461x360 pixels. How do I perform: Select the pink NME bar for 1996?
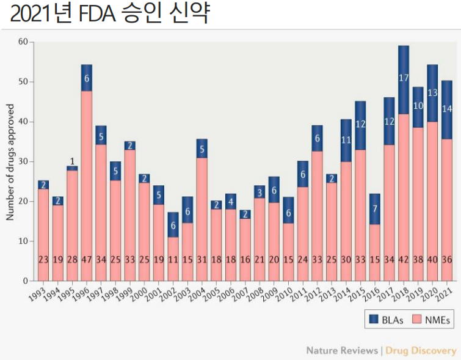(x=87, y=183)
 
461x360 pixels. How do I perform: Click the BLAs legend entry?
(x=384, y=318)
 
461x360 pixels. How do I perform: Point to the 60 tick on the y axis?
(x=23, y=42)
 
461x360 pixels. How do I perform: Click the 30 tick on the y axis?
(x=23, y=161)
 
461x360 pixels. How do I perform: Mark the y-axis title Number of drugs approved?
(x=10, y=161)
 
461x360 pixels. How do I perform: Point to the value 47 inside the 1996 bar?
(x=87, y=259)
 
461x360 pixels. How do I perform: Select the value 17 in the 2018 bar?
(x=403, y=78)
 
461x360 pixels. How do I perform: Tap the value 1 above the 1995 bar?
(x=72, y=161)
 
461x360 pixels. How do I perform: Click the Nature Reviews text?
(x=342, y=350)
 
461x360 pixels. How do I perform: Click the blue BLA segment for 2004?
(x=201, y=148)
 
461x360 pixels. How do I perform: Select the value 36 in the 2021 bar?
(x=446, y=259)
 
